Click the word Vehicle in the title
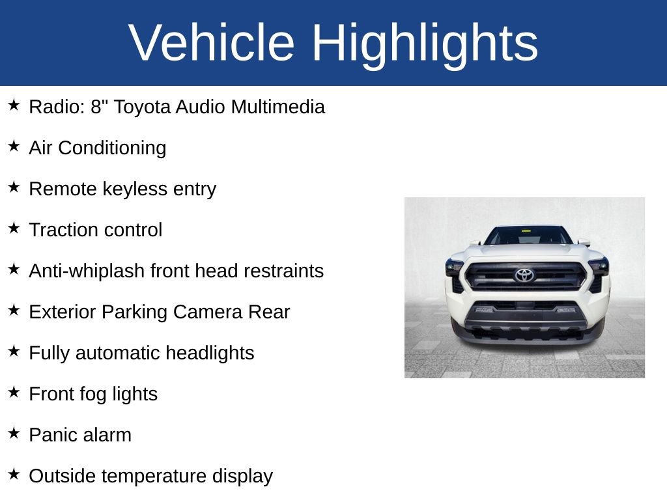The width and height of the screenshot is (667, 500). (212, 43)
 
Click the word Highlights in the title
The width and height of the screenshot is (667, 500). (424, 43)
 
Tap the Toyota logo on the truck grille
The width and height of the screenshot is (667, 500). (524, 275)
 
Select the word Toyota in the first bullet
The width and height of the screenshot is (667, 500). (142, 107)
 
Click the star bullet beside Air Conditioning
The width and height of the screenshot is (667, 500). (14, 146)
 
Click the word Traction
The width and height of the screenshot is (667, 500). (59, 230)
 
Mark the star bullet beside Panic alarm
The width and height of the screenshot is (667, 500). (14, 434)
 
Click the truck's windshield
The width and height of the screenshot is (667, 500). (526, 236)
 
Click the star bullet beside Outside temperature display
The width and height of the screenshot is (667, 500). (14, 475)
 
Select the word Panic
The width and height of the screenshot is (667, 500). (51, 435)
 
